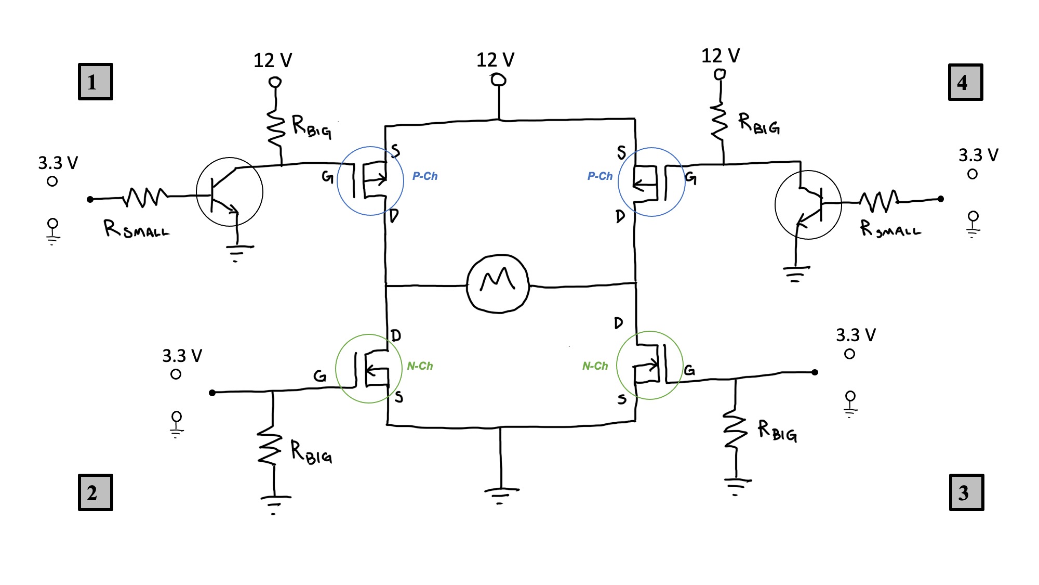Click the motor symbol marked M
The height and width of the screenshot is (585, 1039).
[x=498, y=283]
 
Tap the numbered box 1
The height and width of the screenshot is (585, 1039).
[x=95, y=82]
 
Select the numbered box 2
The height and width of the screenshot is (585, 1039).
[x=95, y=492]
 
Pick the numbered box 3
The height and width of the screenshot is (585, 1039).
[x=966, y=492]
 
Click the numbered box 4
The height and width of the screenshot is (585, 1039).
[x=965, y=82]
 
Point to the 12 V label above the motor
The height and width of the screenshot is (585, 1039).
[x=495, y=60]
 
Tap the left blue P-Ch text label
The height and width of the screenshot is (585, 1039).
[x=425, y=176]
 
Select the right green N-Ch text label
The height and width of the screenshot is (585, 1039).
[x=595, y=366]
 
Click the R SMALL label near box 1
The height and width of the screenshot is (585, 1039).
[x=136, y=229]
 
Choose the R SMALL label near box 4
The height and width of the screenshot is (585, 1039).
[x=890, y=228]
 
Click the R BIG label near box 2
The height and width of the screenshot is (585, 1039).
[x=311, y=452]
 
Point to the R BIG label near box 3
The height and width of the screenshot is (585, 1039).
[x=777, y=431]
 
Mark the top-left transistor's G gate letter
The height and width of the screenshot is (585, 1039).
[x=327, y=177]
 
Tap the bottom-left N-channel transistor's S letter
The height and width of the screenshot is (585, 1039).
[x=398, y=397]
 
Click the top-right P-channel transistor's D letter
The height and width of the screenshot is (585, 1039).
[x=620, y=216]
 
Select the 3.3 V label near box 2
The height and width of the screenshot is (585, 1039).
[x=182, y=356]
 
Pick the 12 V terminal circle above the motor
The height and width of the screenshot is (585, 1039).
[x=499, y=80]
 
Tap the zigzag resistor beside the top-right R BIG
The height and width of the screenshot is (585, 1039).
[x=720, y=121]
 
